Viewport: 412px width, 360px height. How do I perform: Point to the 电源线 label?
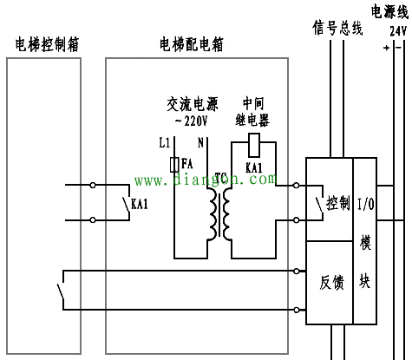click(389, 11)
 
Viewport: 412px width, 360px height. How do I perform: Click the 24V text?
click(398, 29)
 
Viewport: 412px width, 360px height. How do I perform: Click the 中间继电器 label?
click(253, 110)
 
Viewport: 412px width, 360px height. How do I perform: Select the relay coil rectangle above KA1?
click(254, 144)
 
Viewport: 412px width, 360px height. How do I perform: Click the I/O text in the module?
click(364, 204)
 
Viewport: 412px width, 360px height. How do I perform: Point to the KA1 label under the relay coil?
click(254, 167)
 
